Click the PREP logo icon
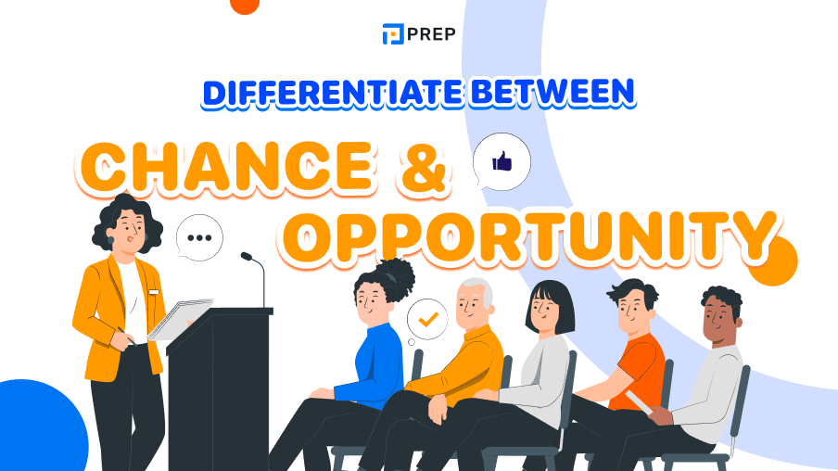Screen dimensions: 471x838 click(x=392, y=34)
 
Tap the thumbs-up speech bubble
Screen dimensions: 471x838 click(x=502, y=163)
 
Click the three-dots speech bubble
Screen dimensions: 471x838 click(x=199, y=237)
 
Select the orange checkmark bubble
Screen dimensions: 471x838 click(x=427, y=319)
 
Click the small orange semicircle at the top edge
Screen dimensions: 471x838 click(x=245, y=5)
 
